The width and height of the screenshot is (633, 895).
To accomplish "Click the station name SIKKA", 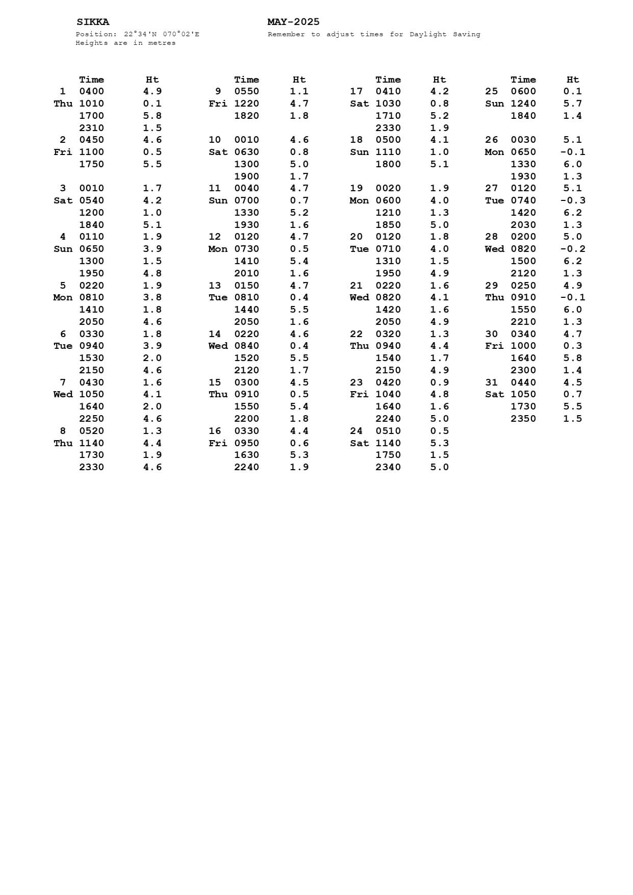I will tap(93, 22).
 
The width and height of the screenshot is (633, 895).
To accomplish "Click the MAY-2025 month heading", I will tap(293, 22).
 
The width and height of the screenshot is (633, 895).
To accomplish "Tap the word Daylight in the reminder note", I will tap(428, 35).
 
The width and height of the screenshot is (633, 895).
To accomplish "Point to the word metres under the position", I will tap(162, 43).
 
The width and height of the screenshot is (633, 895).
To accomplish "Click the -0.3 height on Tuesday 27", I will tap(572, 200).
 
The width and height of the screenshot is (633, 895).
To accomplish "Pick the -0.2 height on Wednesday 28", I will tap(572, 249).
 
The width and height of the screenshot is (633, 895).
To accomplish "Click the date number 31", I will tap(491, 382).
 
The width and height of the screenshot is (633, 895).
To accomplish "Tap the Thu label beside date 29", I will tap(494, 297).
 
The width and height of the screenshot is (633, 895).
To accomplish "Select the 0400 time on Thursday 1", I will tap(92, 91).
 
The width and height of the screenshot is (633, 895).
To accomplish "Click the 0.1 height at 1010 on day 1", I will tap(152, 104).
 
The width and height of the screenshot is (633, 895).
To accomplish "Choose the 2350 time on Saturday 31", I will tap(523, 419).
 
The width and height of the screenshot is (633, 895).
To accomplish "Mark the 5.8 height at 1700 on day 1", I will tap(152, 116).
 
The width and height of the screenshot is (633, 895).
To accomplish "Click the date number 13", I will tap(215, 286).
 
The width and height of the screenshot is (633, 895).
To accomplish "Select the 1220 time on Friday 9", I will tap(247, 104).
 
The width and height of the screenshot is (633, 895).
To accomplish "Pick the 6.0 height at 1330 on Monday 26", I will tap(572, 164).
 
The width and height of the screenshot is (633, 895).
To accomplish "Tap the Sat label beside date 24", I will tap(359, 443).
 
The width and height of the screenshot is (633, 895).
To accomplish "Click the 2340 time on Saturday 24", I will tap(388, 467).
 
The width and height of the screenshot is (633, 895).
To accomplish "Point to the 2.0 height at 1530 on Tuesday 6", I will tap(152, 358).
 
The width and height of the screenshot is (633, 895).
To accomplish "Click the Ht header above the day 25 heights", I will tap(572, 80).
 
